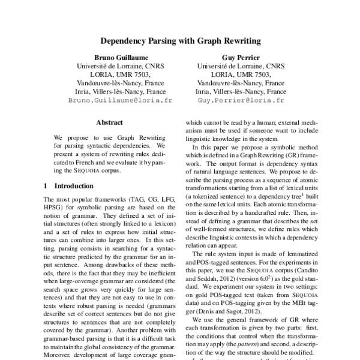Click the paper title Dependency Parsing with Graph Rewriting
click(179, 43)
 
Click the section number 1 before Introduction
click(47, 186)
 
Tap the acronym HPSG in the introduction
click(55, 207)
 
